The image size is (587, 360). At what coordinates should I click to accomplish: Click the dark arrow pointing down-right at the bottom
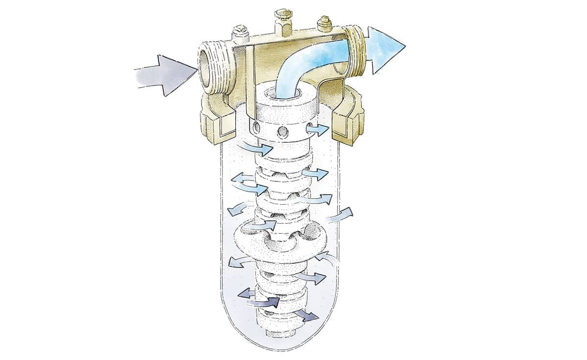(x=306, y=315)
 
